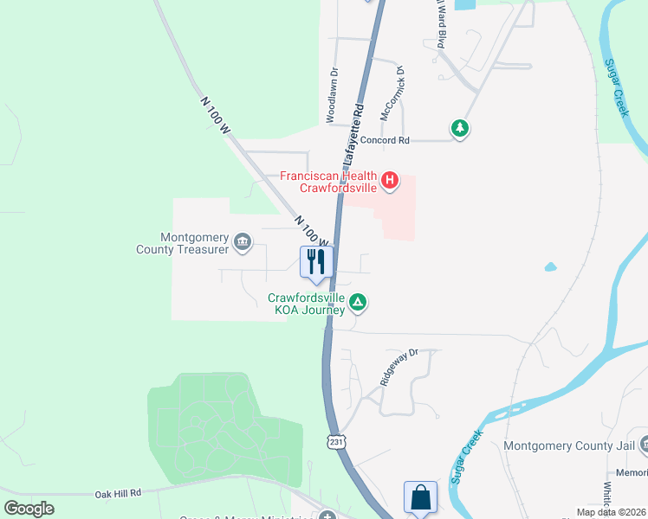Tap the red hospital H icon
[x=390, y=181]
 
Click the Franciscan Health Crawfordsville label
[x=328, y=182]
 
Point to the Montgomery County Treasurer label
[x=194, y=243]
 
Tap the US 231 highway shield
[x=336, y=442]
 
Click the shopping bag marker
[x=420, y=497]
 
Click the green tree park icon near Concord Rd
[x=460, y=129]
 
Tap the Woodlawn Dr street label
[x=332, y=96]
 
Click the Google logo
[x=29, y=508]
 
